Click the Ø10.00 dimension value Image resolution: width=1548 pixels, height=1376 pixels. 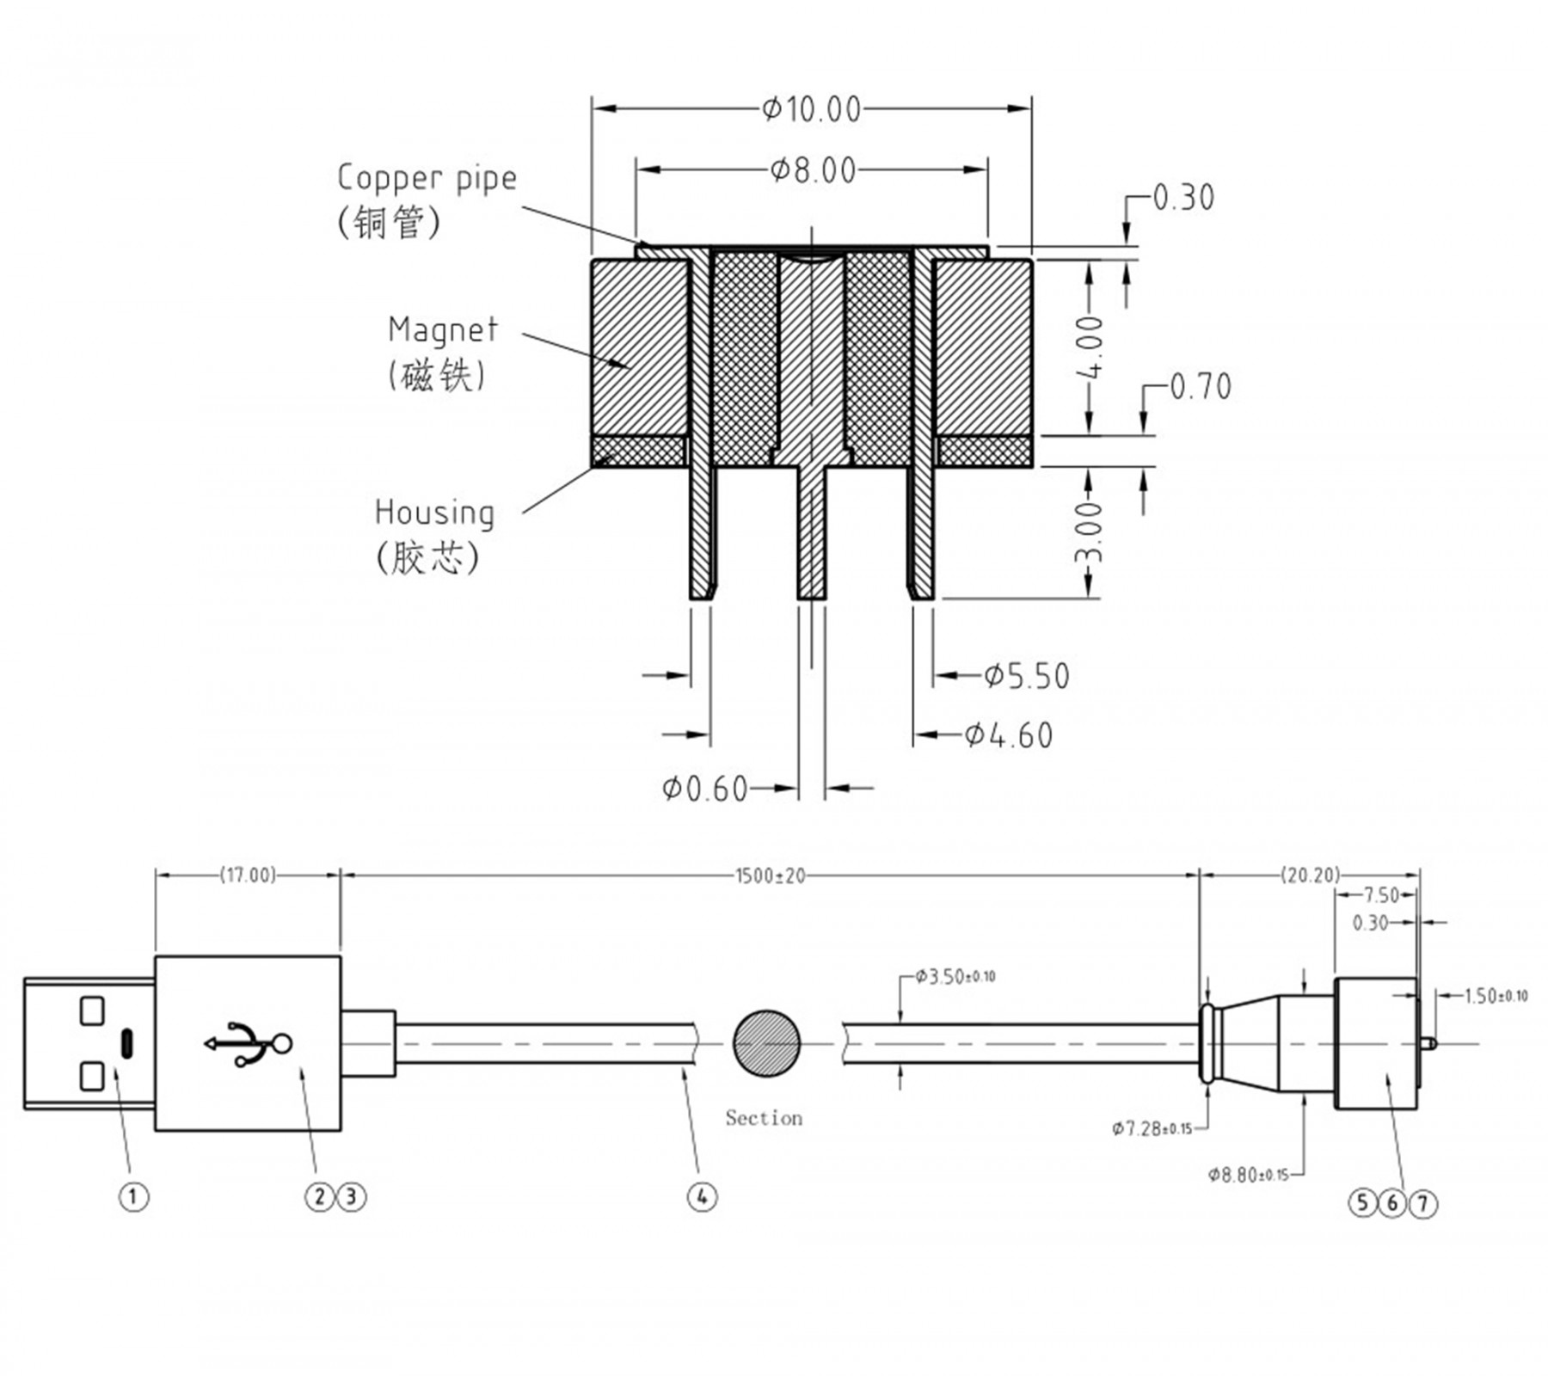click(811, 109)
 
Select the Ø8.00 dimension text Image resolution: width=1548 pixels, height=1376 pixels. click(814, 170)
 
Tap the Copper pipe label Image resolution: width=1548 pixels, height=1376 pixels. click(427, 178)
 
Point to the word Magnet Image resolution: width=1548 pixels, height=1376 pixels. click(442, 329)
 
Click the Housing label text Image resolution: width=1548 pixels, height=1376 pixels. click(434, 513)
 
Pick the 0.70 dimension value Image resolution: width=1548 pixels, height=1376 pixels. click(1201, 387)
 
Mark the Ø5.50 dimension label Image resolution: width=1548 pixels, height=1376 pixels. click(1027, 676)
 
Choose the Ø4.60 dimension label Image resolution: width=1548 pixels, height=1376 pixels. click(1008, 735)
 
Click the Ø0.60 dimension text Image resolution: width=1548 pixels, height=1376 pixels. click(705, 788)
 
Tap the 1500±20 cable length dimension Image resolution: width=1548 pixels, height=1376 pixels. click(770, 875)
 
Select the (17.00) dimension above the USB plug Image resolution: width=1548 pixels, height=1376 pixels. click(248, 875)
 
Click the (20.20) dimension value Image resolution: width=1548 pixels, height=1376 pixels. click(1310, 875)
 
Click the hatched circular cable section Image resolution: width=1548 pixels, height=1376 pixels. click(766, 1043)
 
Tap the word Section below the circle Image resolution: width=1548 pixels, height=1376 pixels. click(764, 1118)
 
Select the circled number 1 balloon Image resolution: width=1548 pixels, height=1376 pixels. click(133, 1196)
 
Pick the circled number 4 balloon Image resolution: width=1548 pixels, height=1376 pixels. click(702, 1196)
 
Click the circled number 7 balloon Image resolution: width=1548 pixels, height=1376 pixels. click(1423, 1203)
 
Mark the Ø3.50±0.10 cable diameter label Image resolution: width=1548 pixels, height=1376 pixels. click(955, 977)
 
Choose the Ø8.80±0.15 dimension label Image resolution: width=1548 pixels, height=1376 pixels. click(1248, 1175)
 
